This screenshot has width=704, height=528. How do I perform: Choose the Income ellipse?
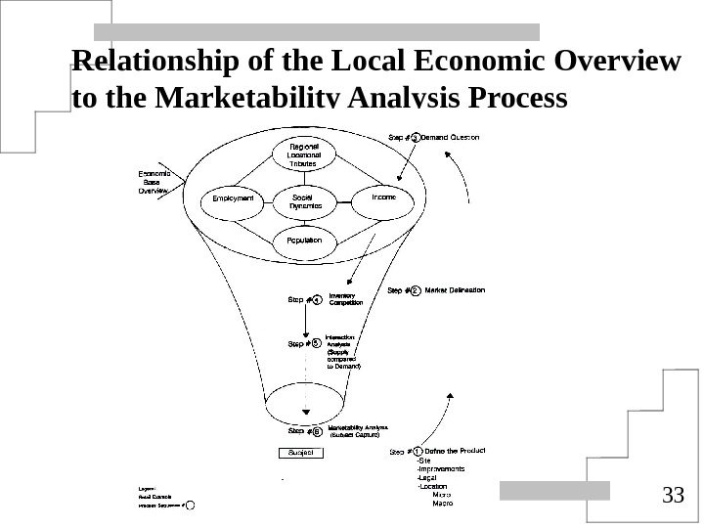pos(383,198)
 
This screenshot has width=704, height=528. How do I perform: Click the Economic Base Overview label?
pos(153,183)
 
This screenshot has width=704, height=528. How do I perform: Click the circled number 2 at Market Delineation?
pos(416,290)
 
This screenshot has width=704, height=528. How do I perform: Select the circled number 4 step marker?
pos(317,301)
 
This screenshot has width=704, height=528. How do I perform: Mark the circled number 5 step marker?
pos(317,343)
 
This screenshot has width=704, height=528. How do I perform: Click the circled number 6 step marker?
pos(317,430)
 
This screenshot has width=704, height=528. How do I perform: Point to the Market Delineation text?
pos(455,290)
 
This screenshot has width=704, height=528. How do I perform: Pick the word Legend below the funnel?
pos(149,486)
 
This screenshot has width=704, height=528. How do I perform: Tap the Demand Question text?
pos(451,138)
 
